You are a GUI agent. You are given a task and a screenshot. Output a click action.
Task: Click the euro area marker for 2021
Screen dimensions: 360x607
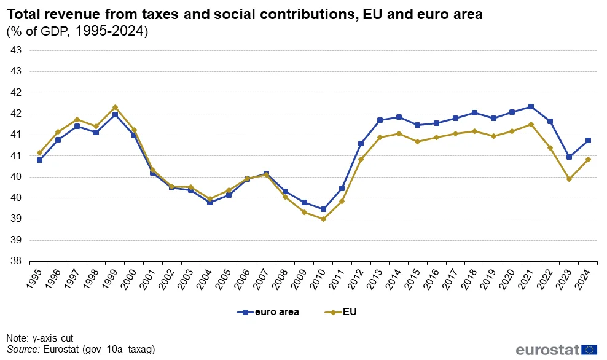(x=531, y=107)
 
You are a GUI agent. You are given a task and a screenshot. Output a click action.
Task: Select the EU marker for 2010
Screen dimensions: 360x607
(x=323, y=219)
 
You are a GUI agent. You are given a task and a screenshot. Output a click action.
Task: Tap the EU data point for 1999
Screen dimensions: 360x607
(x=115, y=108)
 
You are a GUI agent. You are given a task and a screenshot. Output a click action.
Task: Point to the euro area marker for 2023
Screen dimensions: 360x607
(x=569, y=157)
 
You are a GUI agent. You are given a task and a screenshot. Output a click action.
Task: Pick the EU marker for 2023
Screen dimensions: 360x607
(x=569, y=179)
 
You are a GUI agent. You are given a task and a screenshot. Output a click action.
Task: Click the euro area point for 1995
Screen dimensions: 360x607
(x=39, y=160)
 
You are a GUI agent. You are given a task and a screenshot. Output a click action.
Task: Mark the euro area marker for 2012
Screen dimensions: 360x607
(x=361, y=144)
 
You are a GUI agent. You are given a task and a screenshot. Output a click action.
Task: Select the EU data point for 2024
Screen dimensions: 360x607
(x=588, y=160)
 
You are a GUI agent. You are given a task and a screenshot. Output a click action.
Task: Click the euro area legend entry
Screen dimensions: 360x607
(x=268, y=312)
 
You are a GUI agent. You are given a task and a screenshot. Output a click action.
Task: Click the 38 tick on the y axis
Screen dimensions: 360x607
(x=17, y=261)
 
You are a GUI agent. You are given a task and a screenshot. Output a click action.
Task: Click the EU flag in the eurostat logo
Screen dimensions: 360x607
(x=590, y=350)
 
